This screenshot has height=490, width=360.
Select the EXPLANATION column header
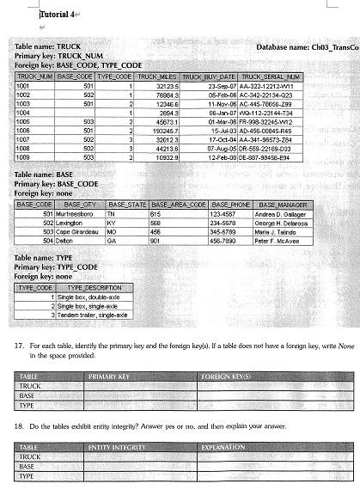223,448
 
